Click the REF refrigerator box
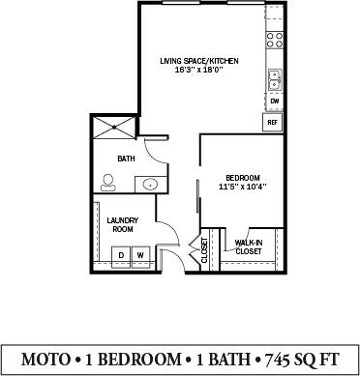(x=273, y=122)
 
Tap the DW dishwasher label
(x=275, y=101)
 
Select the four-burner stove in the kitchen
(x=275, y=40)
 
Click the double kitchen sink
(x=275, y=79)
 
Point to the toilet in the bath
(x=107, y=183)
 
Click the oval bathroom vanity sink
(x=150, y=185)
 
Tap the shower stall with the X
(x=114, y=128)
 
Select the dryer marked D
(x=121, y=257)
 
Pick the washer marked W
(x=140, y=257)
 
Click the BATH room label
(x=126, y=159)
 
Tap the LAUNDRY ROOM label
(x=123, y=225)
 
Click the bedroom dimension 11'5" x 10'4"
(x=243, y=187)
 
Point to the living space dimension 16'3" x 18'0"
(x=199, y=70)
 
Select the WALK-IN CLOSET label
(x=249, y=247)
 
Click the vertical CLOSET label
(x=204, y=250)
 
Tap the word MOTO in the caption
(x=45, y=360)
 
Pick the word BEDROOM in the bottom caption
(x=139, y=360)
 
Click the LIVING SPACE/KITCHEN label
(x=199, y=61)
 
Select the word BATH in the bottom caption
(x=228, y=360)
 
